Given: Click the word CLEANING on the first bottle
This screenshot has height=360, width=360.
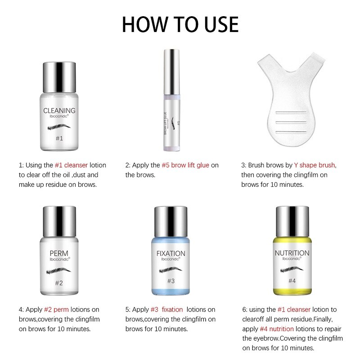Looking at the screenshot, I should pos(59,110).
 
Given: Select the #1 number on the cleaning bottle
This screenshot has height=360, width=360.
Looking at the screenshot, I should pos(59,139).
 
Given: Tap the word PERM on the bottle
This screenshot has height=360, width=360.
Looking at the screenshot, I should pos(59,253).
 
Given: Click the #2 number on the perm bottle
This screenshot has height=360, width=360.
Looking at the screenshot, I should pos(59,283).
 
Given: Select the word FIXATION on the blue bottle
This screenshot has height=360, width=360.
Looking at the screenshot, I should pos(171,253).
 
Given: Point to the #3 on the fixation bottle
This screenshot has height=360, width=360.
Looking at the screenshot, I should pos(171,281).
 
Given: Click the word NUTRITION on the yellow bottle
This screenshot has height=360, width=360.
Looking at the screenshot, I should pos(292,253).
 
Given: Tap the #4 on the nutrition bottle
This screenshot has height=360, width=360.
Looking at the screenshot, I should pos(292,281).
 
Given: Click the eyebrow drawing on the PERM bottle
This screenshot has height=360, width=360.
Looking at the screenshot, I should pos(59,271).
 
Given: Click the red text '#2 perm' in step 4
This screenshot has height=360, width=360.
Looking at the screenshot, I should pos(57,310).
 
